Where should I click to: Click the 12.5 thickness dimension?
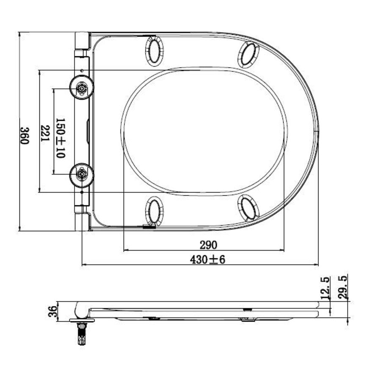click(326, 287)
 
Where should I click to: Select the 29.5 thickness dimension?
click(343, 287)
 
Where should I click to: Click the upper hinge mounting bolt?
click(81, 88)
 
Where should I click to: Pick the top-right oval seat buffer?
click(248, 55)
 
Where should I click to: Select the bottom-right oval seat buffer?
click(249, 208)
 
